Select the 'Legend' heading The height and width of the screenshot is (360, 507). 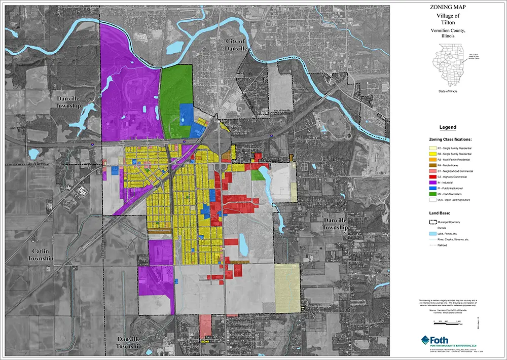click(448, 127)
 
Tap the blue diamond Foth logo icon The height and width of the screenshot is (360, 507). click(426, 339)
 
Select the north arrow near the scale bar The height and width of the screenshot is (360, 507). click(478, 320)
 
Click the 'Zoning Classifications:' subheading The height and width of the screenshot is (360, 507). click(450, 138)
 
